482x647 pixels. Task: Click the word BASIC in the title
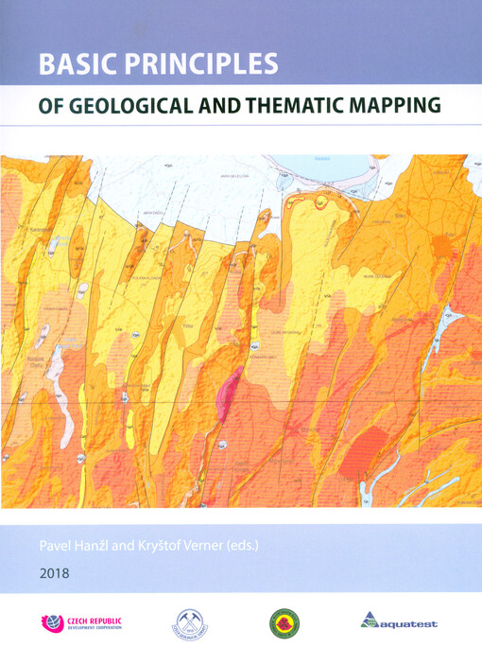(75, 63)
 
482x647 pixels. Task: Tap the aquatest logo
(399, 622)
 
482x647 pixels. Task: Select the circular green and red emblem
(284, 623)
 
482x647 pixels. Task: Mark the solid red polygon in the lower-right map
(364, 449)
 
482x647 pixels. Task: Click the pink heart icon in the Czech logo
(53, 623)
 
